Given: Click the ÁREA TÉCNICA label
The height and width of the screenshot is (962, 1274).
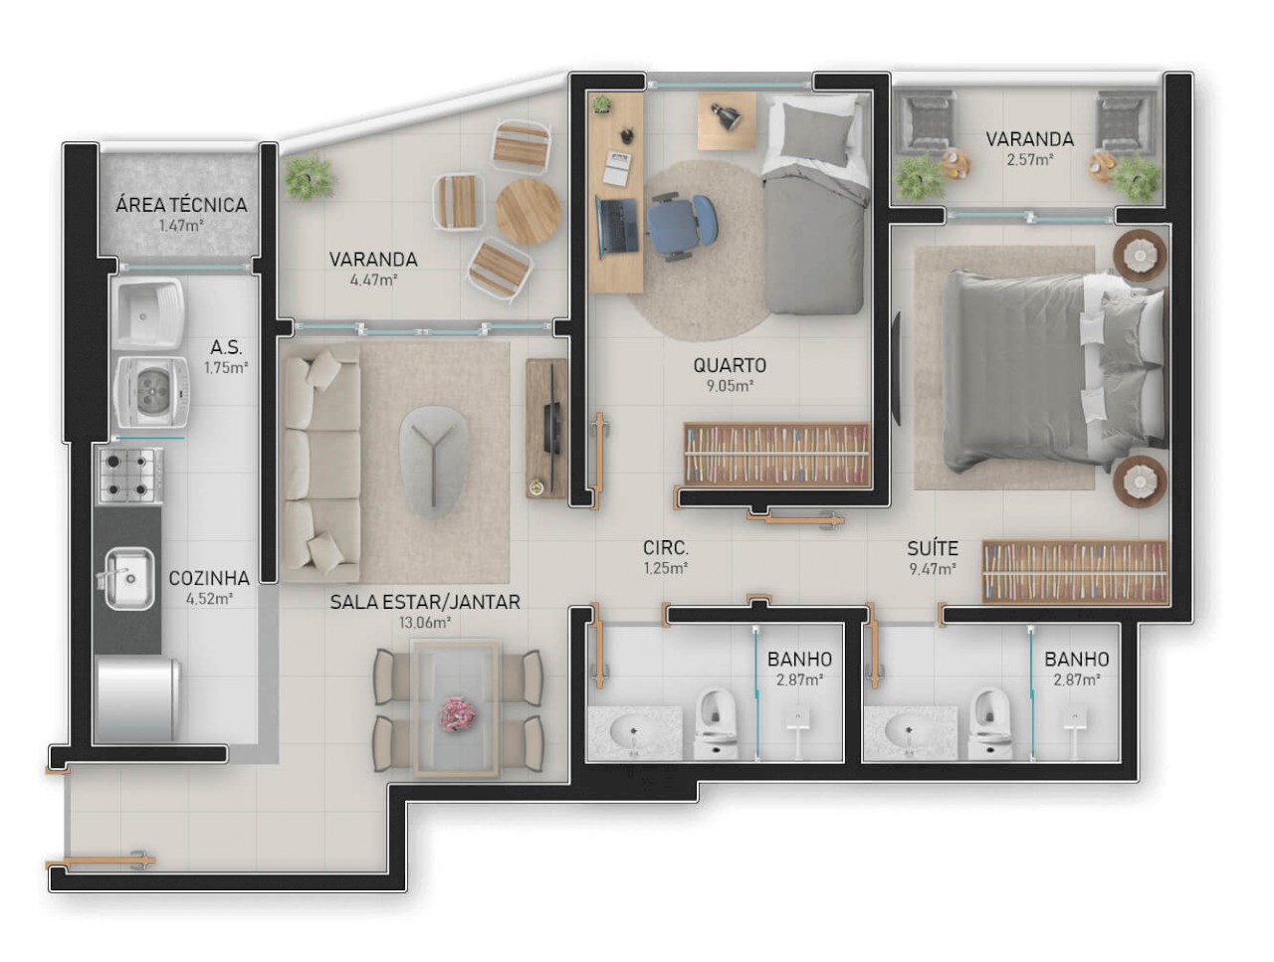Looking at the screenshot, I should click(x=181, y=205).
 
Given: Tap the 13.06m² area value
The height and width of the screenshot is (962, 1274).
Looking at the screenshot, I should click(x=424, y=623).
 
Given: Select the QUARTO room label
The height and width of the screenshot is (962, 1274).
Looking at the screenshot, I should click(x=730, y=365).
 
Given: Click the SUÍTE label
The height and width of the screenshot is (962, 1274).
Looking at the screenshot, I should click(x=932, y=548).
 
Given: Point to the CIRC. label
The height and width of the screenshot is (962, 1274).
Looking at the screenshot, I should click(x=666, y=548).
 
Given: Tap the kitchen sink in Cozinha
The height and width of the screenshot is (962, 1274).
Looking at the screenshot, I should click(x=127, y=576).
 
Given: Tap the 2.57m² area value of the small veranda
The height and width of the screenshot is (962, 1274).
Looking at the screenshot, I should click(x=1029, y=159).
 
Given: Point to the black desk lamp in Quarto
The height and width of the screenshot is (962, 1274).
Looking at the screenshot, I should click(x=727, y=116).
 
